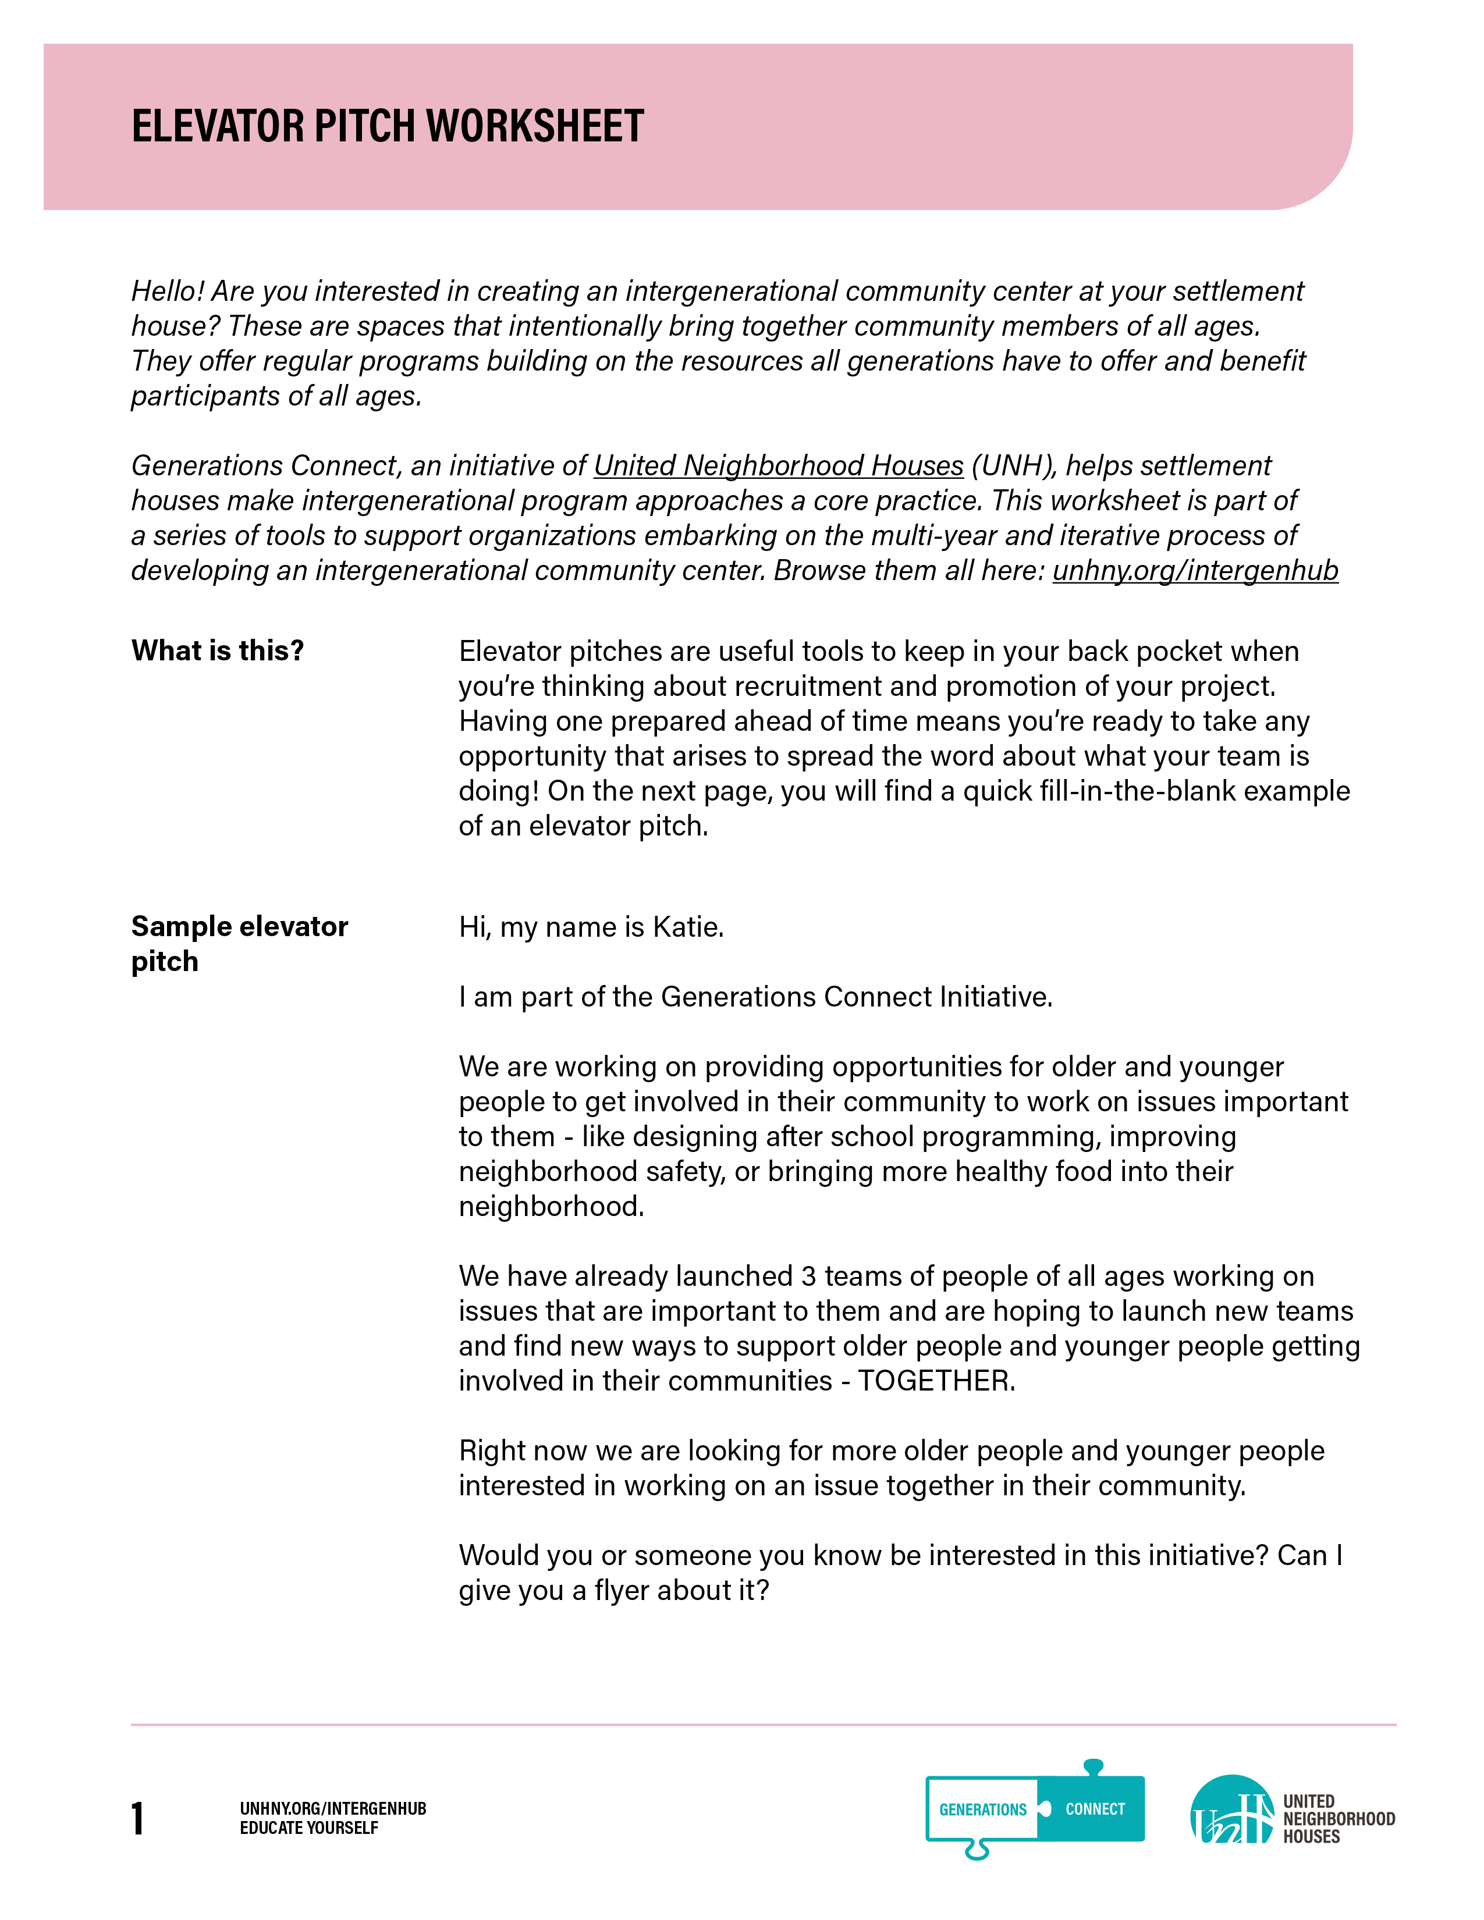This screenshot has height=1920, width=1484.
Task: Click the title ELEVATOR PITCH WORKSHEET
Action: point(388,126)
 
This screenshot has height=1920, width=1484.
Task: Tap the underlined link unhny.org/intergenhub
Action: point(1195,571)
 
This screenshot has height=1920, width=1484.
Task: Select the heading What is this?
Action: point(217,650)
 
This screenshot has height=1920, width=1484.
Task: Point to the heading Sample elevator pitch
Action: point(239,943)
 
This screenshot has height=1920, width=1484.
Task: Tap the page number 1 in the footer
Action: point(137,1818)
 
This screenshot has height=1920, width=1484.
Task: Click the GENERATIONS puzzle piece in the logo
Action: point(982,1809)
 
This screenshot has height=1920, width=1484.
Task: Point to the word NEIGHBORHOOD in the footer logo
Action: point(1338,1819)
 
